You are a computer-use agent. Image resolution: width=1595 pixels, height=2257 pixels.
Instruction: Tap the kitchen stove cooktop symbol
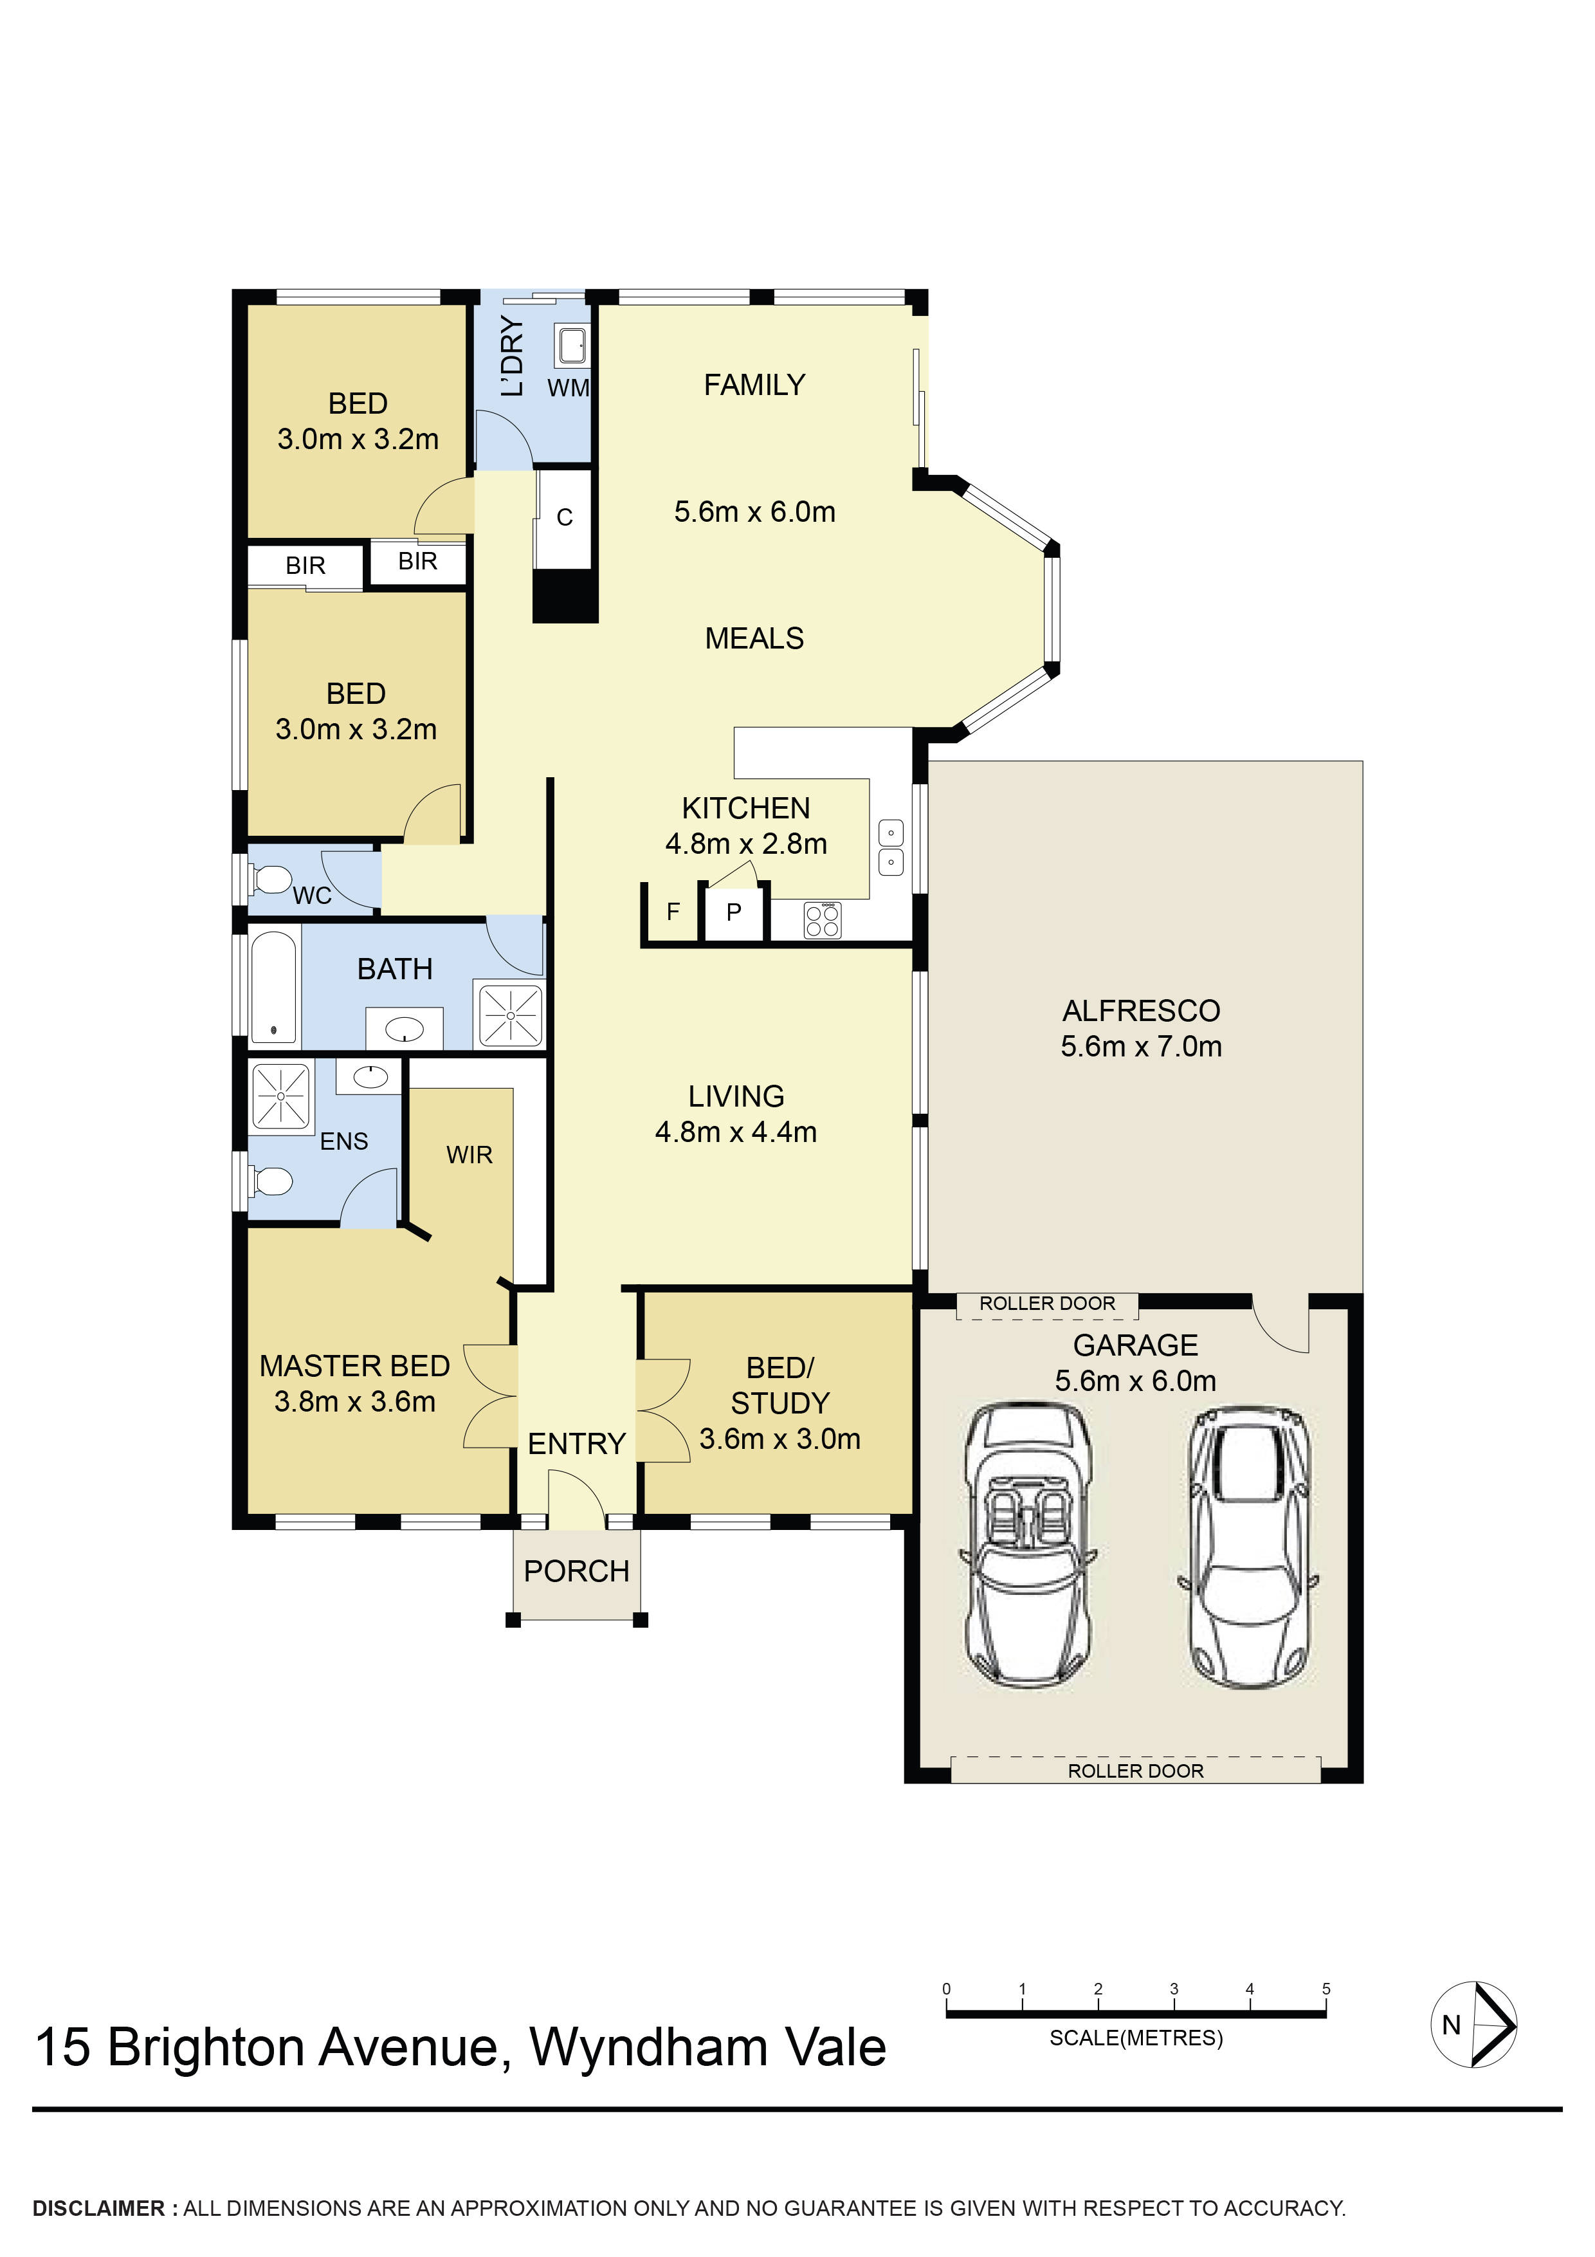(823, 920)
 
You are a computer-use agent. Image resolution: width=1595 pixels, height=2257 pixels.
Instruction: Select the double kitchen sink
(890, 847)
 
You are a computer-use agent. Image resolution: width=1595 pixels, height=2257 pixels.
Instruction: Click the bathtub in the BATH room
(274, 986)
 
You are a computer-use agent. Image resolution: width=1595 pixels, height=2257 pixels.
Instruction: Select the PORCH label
(577, 1571)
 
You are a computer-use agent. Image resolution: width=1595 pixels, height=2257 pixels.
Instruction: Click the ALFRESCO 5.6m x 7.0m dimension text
(1141, 1046)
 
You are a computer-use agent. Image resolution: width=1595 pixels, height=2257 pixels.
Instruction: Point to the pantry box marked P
(733, 913)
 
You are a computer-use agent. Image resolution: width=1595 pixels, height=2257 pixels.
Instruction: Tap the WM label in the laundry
(568, 389)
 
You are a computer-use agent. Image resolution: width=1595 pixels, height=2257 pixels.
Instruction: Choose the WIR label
(469, 1155)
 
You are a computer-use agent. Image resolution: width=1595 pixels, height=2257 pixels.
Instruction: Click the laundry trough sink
(572, 345)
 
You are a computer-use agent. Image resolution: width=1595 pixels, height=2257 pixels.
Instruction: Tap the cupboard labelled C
(564, 518)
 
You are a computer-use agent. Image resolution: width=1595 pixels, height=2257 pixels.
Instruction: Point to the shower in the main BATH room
(510, 1015)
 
